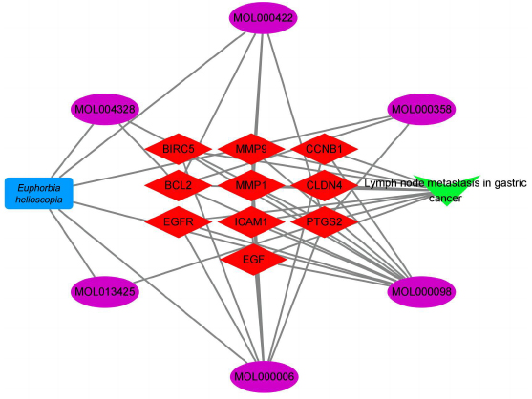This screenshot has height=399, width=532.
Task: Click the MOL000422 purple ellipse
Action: (x=264, y=17)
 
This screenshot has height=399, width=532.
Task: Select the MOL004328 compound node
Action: (x=105, y=109)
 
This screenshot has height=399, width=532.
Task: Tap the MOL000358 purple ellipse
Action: (x=421, y=109)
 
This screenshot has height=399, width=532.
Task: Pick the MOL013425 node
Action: (x=105, y=291)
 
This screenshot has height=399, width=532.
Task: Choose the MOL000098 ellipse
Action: (x=421, y=291)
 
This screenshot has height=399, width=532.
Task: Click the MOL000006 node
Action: (x=264, y=376)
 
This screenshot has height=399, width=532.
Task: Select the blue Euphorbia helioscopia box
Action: (x=38, y=193)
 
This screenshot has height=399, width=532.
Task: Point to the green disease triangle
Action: (x=446, y=188)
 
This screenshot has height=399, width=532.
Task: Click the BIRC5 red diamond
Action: (x=178, y=149)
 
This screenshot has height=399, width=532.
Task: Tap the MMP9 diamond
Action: (x=251, y=149)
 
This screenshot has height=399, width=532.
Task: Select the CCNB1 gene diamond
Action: (x=325, y=149)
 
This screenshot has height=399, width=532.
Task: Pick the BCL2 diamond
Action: (x=178, y=185)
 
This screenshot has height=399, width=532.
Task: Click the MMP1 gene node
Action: (x=251, y=185)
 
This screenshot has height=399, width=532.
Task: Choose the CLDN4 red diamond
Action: (x=325, y=185)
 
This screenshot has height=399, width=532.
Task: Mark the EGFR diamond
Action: (x=178, y=222)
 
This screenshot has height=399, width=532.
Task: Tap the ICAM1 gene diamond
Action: (x=251, y=222)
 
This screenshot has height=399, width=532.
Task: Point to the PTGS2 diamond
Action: (x=325, y=222)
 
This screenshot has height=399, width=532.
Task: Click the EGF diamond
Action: (x=253, y=260)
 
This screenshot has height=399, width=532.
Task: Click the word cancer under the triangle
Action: (x=445, y=198)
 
